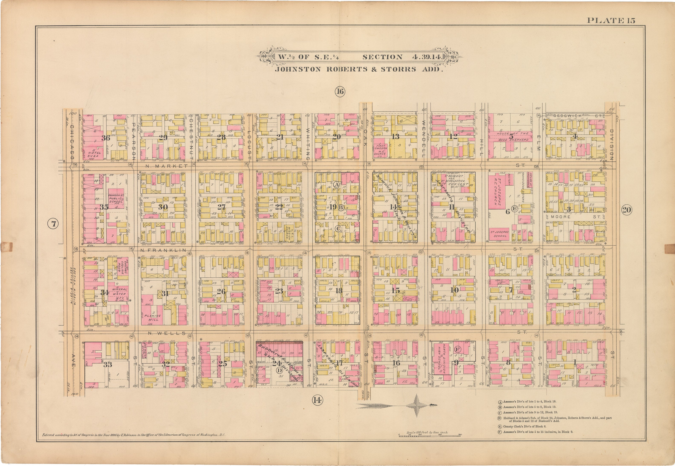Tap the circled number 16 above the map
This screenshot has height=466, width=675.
(339, 92)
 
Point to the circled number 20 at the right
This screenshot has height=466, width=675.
(626, 210)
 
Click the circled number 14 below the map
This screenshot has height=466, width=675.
(317, 400)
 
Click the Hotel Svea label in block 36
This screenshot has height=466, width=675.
(94, 154)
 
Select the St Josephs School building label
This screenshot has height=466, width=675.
(499, 234)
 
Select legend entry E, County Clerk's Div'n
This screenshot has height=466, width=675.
(518, 427)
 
